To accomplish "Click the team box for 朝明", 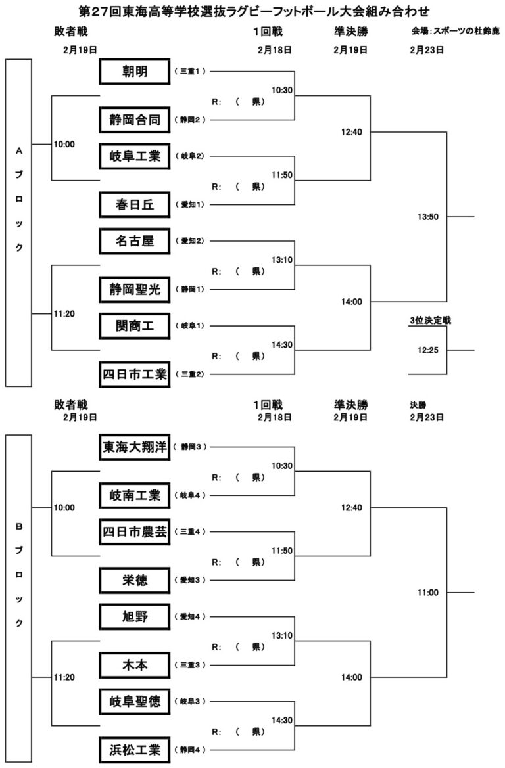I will point(135,71).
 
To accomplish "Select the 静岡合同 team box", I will point(135,120).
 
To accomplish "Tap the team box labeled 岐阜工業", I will point(135,156).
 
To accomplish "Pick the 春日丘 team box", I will point(135,204).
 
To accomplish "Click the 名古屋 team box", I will point(135,240).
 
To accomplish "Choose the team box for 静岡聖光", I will point(135,288).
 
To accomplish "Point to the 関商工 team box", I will point(135,325).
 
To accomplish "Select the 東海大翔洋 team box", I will point(135,447).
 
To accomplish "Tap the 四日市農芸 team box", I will point(135,531).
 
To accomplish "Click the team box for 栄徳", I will point(135,580).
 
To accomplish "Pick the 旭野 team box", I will point(135,616).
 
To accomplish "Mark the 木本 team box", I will point(135,665).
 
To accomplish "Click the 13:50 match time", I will point(427,217).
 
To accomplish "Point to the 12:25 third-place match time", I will point(427,350).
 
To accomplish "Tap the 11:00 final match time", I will point(427,593).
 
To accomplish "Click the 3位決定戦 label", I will point(429,321).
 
